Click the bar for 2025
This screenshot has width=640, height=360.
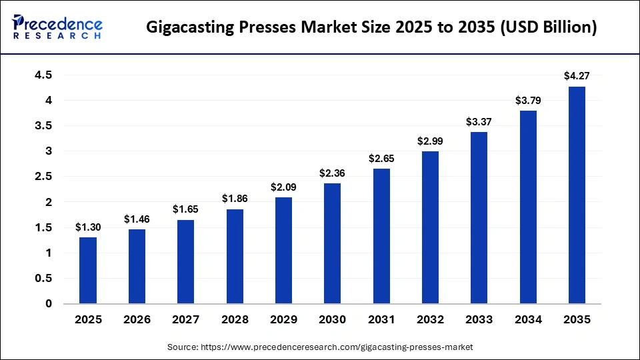88,271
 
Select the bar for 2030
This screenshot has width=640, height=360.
332,243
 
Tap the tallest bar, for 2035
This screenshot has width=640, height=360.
577,195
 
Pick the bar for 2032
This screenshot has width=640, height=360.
430,227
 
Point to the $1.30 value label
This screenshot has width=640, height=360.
88,227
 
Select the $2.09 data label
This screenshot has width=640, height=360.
283,187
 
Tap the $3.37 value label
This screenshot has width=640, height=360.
479,122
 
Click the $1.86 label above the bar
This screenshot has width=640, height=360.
235,199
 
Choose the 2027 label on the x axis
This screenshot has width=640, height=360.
185,320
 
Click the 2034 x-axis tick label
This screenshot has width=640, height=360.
528,320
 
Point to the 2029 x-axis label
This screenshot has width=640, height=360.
283,320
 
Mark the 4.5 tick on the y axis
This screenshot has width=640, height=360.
44,75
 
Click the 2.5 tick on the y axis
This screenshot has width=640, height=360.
44,177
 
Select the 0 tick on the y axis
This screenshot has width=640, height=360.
48,304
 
